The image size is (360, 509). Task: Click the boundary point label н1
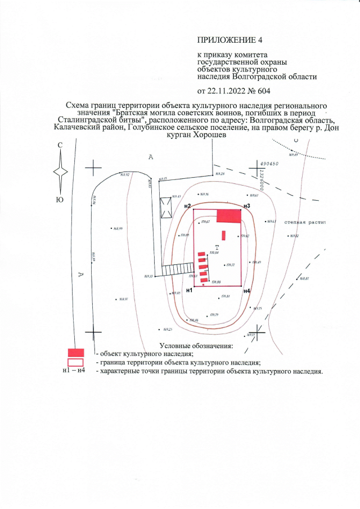[x=189, y=290]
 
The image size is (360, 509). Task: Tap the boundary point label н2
[x=188, y=206]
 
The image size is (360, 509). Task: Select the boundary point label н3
[x=246, y=206]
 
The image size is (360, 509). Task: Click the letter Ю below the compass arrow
[x=60, y=198]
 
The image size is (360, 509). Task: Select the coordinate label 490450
[x=270, y=164]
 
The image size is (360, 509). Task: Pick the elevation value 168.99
[x=118, y=228]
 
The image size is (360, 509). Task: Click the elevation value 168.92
[x=125, y=175]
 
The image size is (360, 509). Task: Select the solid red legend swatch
[x=75, y=353]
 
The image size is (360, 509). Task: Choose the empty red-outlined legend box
[x=75, y=363]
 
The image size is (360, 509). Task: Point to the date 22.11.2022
[x=227, y=91]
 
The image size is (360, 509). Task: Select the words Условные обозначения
[x=196, y=345]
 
